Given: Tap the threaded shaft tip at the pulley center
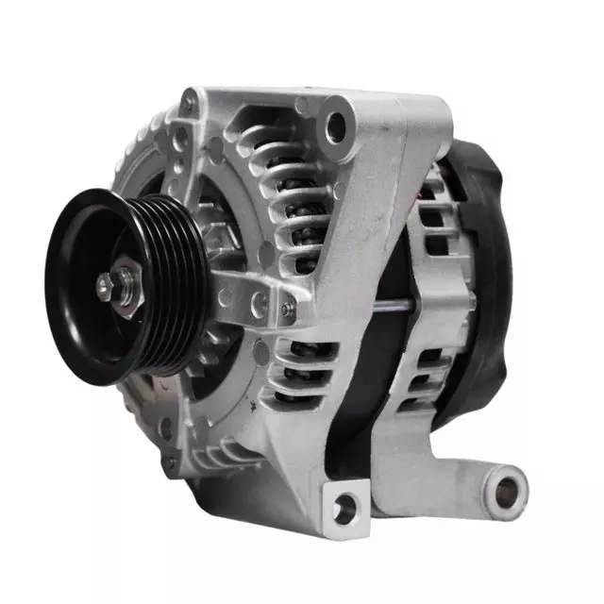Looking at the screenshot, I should click(x=102, y=282).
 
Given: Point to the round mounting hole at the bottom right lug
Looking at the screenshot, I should click(x=509, y=488).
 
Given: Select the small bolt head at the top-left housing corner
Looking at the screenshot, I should click(x=191, y=98).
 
